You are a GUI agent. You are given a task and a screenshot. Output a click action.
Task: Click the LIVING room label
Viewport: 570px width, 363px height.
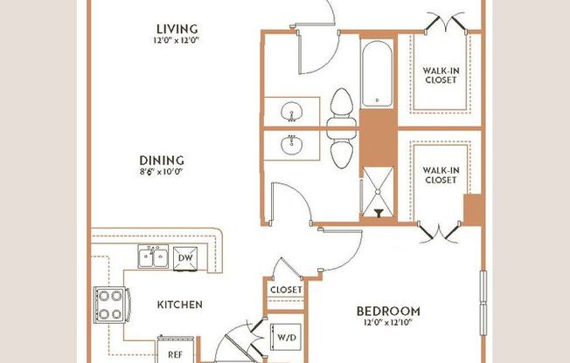172,29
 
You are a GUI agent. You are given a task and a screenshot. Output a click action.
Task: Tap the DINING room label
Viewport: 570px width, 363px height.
161,160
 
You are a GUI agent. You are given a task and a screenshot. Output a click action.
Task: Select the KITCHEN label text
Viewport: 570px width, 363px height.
180,305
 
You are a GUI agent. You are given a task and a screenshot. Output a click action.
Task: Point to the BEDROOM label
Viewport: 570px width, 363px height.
388,311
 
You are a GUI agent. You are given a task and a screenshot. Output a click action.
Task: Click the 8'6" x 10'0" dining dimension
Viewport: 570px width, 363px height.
161,173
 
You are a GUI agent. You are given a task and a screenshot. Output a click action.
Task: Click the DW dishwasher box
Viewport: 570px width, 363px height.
184,257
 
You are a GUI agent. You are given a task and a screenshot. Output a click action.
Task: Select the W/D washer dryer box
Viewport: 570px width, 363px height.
285,337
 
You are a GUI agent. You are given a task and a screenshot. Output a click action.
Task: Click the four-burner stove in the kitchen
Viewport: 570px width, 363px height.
111,305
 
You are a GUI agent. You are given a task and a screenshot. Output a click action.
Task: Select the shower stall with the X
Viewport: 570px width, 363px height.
378,191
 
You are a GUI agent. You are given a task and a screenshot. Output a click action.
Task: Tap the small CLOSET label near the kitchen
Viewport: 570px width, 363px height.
286,290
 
